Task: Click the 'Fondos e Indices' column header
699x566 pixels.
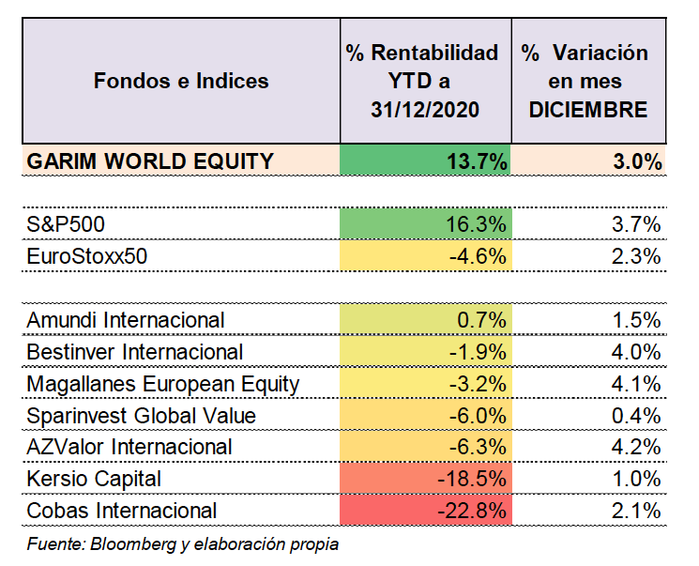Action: tap(181, 81)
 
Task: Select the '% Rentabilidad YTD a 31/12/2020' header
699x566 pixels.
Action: tap(422, 81)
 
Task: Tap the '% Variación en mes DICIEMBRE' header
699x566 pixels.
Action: tap(585, 81)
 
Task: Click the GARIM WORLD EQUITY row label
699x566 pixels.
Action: tap(150, 161)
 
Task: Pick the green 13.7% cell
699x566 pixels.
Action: tap(425, 160)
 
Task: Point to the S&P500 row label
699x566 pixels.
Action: tap(66, 224)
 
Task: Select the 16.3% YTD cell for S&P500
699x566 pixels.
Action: tap(426, 223)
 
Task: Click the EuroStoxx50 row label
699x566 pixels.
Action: tap(87, 256)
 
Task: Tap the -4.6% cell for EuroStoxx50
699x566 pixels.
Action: tap(426, 255)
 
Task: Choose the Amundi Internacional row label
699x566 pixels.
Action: tap(126, 320)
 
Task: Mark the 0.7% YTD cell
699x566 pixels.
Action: tap(426, 319)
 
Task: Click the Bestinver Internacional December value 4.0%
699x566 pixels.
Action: tap(636, 352)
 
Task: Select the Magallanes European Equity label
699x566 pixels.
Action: tap(163, 385)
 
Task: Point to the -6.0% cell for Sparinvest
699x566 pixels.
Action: tap(426, 415)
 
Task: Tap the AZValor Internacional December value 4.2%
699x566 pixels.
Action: tap(636, 447)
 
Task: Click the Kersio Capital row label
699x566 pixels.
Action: tap(94, 479)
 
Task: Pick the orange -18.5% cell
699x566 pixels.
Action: tap(426, 479)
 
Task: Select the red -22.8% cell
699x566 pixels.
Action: tap(426, 511)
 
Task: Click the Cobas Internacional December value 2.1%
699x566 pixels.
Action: tap(636, 511)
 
